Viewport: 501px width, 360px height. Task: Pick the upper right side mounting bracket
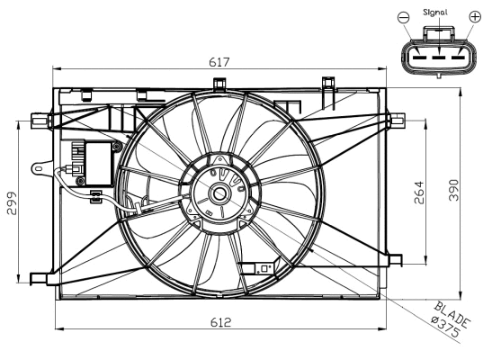pyautogui.click(x=396, y=118)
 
